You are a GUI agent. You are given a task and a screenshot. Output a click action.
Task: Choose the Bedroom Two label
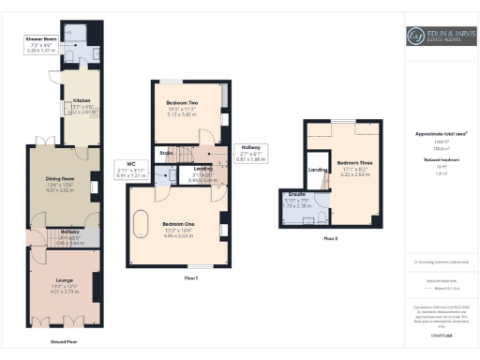tap(181, 102)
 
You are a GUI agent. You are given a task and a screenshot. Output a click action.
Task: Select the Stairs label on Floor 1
tap(166, 151)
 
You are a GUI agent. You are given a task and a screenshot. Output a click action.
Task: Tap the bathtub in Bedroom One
tap(143, 228)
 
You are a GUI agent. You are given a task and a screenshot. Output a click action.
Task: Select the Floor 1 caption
tap(190, 278)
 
